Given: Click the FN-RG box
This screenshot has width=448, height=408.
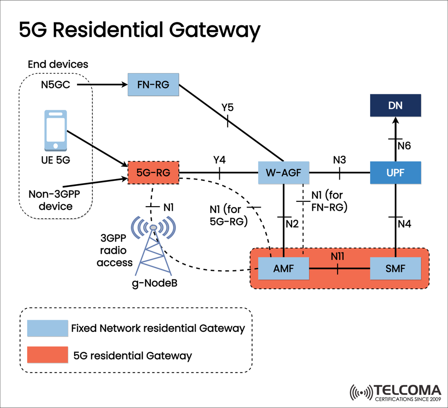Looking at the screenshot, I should [154, 85].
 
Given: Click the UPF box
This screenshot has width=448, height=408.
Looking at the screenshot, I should [395, 172].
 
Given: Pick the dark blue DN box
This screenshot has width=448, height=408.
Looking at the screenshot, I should [395, 106].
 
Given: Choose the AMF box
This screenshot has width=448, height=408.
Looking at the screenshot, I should [284, 269].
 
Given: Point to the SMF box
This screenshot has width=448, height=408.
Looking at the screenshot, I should [395, 269].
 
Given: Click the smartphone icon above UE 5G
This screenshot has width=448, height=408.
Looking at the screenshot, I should [55, 130].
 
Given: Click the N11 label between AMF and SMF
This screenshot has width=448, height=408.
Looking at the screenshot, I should [337, 256].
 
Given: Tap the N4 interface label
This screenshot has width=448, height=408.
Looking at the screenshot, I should [404, 224].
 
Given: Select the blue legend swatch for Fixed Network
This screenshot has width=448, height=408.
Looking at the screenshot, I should [46, 329].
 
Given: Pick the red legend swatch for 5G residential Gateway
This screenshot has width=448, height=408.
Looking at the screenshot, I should [46, 355].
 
